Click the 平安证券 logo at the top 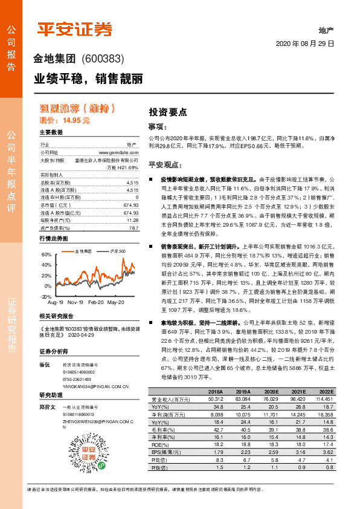point(75,28)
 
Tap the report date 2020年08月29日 point(305,44)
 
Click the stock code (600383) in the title point(102,59)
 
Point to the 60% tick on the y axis point(46,255)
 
